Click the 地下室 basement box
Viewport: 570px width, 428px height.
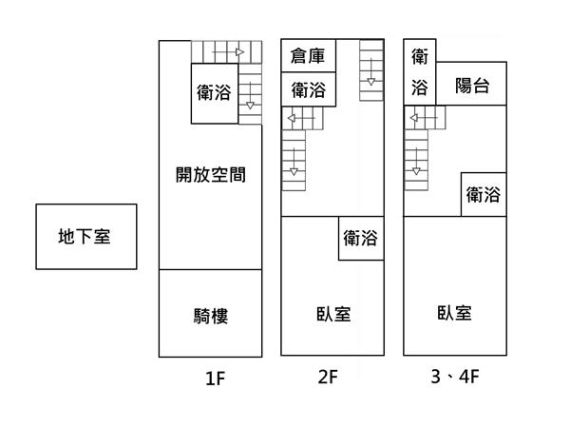tap(85, 236)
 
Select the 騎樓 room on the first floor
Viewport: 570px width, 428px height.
tap(210, 315)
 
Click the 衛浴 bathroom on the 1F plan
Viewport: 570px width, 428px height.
tap(214, 93)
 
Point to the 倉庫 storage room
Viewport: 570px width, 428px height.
tap(308, 56)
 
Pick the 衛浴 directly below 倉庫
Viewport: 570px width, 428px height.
tap(308, 90)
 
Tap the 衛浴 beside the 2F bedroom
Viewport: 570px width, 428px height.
tap(361, 238)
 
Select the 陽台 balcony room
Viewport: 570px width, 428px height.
tap(471, 86)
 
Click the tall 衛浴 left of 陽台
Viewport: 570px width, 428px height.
tap(419, 72)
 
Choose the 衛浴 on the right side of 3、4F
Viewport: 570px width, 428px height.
tap(483, 195)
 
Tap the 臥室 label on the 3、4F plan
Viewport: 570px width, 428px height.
tap(454, 313)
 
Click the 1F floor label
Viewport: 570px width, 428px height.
tap(215, 379)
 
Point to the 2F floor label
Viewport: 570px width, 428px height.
tap(329, 378)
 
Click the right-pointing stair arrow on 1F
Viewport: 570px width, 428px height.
tap(240, 50)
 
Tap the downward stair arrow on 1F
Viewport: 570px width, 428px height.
tap(249, 105)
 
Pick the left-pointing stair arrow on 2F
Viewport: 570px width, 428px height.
tap(292, 119)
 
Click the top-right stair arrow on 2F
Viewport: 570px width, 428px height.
tap(371, 82)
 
